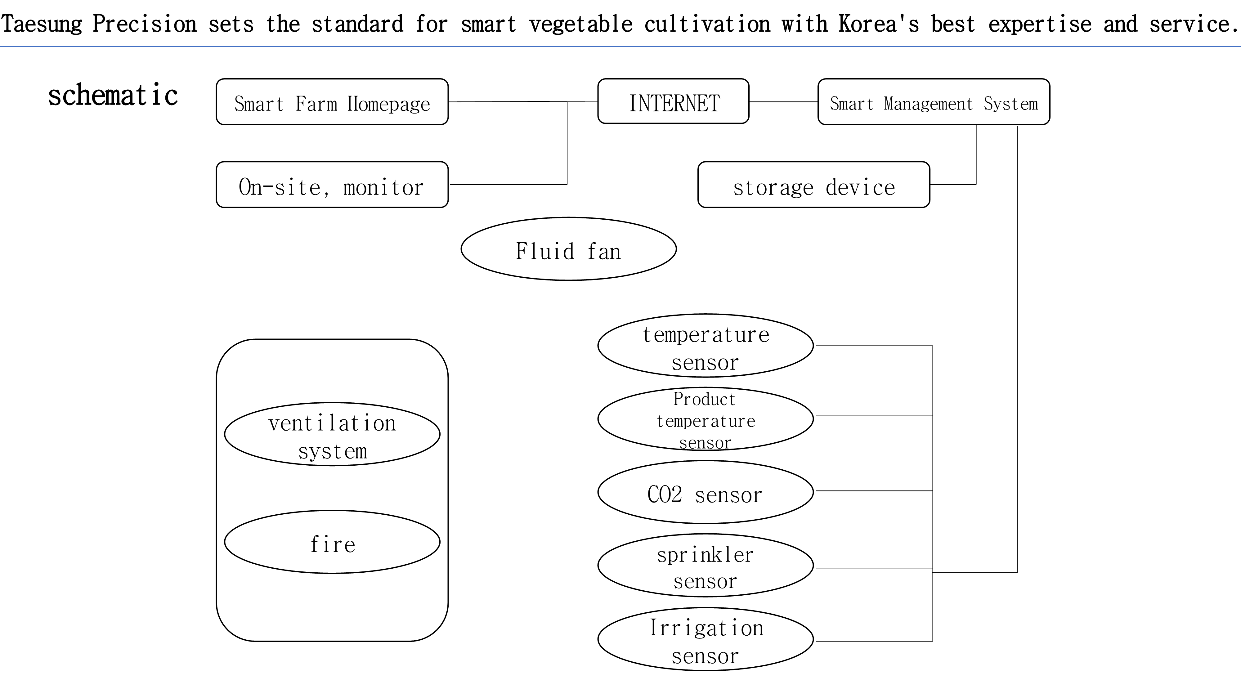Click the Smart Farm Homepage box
pos(332,102)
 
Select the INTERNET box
pos(673,102)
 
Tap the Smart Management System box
pos(933,102)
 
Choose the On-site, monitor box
pos(332,185)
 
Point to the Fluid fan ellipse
pos(568,249)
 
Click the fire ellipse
pos(332,542)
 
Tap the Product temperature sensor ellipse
pos(705,419)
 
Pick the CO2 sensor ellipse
pos(705,492)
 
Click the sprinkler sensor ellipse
pos(705,566)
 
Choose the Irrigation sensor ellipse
pos(705,639)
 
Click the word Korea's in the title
pos(878,24)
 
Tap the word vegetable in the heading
pos(580,24)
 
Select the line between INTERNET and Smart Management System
pos(783,102)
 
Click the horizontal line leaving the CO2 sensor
pos(873,491)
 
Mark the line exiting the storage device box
pos(952,185)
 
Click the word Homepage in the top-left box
pos(388,104)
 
